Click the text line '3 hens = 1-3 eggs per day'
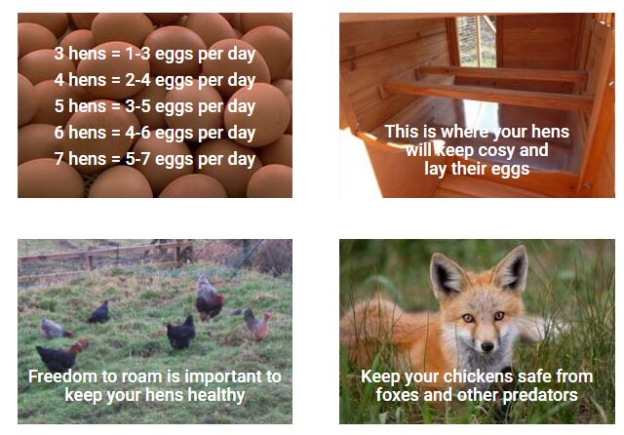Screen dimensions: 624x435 tap(155, 54)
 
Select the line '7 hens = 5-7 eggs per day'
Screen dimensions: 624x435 tap(155, 159)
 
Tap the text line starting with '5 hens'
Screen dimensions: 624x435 tap(155, 106)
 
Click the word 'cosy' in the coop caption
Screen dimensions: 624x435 tap(496, 151)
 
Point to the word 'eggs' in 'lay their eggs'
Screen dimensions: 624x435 tap(510, 170)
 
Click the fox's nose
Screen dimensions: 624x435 tap(487, 346)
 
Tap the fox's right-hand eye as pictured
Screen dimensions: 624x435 tap(499, 316)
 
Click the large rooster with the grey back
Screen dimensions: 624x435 tap(209, 298)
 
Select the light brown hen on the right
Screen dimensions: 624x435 tap(257, 325)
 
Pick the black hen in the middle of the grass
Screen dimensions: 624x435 tap(181, 333)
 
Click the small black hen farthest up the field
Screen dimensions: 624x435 tap(98, 312)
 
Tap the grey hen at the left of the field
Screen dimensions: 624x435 tap(55, 329)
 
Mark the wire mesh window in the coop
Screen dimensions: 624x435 tap(476, 41)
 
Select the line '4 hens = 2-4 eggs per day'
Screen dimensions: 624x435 tap(155, 80)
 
